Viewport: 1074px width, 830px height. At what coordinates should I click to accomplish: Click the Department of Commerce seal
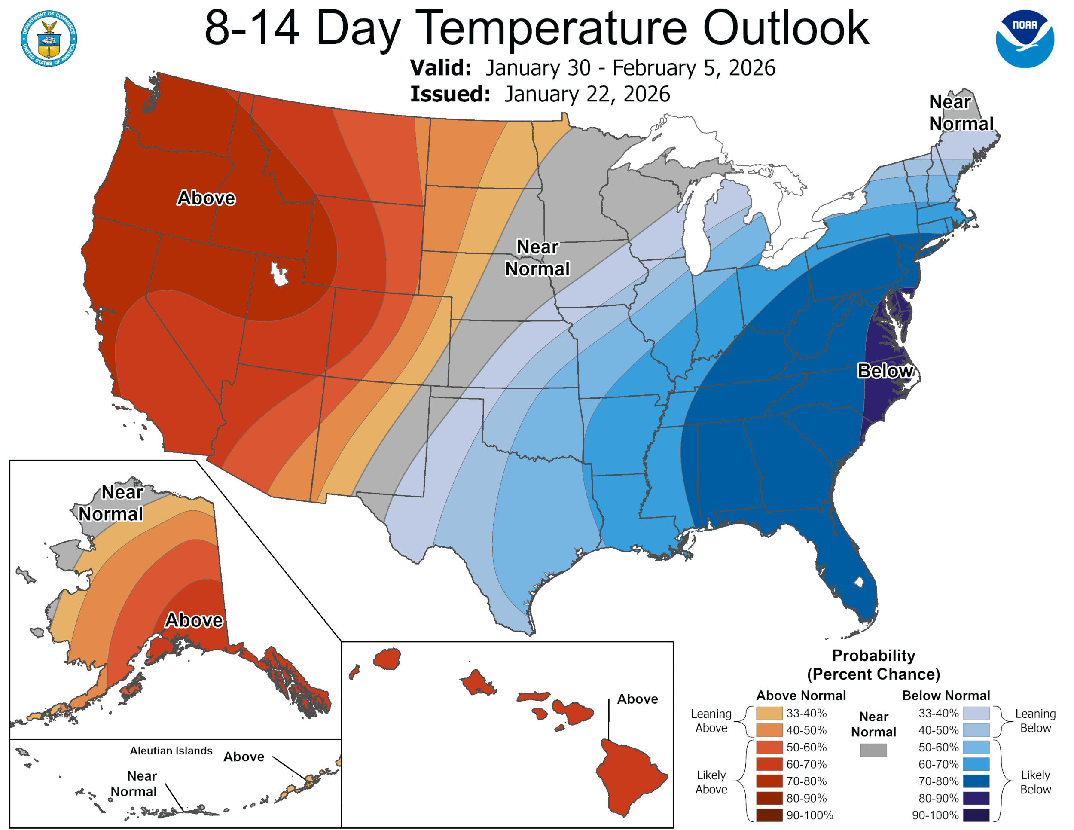coord(49,38)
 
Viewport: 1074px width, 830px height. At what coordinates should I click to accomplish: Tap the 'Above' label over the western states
coord(206,198)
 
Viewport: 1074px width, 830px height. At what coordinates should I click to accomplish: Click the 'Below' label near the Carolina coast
coord(885,371)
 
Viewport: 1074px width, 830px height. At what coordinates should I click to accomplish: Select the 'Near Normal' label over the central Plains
coord(537,258)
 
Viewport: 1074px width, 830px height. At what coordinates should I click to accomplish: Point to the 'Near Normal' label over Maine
coord(961,113)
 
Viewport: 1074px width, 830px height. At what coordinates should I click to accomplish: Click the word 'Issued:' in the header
coord(450,94)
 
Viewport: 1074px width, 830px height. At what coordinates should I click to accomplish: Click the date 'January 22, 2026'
coord(587,94)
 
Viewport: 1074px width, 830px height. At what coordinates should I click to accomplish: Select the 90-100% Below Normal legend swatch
coord(976,815)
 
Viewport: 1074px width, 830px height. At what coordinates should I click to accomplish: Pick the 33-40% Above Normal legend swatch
coord(769,713)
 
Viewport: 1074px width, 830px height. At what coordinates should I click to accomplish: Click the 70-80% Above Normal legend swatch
coord(769,781)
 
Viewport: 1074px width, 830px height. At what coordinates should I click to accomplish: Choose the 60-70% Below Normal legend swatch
coord(976,764)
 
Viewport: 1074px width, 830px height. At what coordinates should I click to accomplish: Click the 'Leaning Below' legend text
coord(1035,720)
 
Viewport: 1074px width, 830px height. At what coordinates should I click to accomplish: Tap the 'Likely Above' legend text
coord(711,782)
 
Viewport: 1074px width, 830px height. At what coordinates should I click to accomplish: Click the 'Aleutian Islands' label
coord(171,751)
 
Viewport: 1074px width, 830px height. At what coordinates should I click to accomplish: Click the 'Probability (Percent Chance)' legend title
coord(873,664)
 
